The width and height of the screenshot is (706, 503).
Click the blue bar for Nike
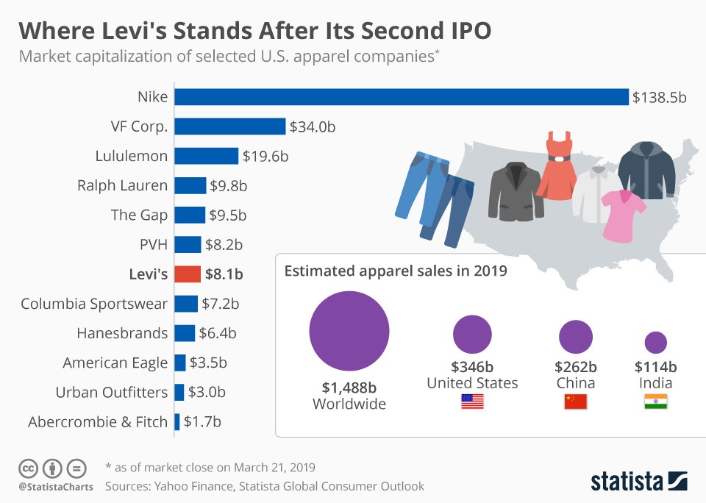click(402, 97)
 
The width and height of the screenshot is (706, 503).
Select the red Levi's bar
click(188, 274)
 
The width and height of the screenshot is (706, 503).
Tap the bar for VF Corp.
click(229, 126)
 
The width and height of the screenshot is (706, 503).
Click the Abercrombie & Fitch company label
click(98, 422)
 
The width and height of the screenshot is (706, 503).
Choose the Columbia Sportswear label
click(94, 304)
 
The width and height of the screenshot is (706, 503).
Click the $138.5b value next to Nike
click(659, 97)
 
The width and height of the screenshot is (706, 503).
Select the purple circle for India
click(655, 342)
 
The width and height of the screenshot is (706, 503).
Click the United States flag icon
click(472, 402)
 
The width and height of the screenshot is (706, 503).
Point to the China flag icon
click(575, 402)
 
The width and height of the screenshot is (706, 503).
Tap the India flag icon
click(655, 402)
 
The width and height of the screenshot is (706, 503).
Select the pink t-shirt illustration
click(623, 214)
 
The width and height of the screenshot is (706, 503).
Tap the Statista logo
click(639, 482)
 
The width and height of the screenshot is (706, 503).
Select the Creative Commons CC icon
click(28, 468)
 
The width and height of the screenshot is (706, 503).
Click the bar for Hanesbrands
click(185, 333)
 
